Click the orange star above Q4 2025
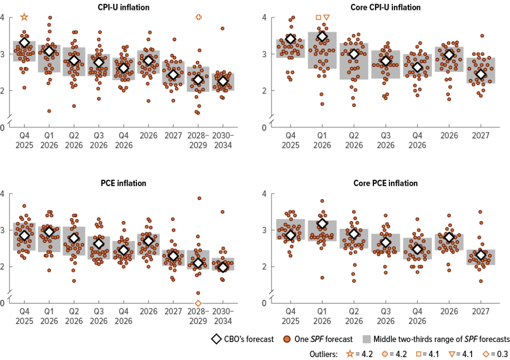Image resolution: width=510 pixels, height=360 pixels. tap(24, 17)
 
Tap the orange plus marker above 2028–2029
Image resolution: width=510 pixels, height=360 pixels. tap(199, 17)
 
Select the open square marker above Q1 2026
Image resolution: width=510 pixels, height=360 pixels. tap(318, 17)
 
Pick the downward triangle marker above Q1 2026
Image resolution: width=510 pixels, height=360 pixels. tap(327, 17)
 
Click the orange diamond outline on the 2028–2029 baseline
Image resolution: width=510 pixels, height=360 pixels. tap(198, 303)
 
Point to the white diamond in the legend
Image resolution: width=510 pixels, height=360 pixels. tap(216, 339)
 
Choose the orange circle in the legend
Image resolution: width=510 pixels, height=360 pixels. tap(287, 339)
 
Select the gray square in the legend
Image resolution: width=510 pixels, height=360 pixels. tap(367, 339)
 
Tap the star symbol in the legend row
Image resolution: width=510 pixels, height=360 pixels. tap(350, 354)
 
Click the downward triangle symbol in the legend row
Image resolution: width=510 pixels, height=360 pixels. tap(452, 354)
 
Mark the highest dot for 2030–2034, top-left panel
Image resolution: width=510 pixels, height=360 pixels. tap(223, 28)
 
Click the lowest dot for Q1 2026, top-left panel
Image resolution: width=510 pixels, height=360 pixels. tap(49, 111)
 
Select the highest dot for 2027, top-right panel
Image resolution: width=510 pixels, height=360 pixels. tap(482, 36)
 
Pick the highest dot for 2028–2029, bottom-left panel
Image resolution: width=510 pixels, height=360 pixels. tap(199, 198)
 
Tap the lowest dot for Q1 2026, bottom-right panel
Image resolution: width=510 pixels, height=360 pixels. tap(322, 278)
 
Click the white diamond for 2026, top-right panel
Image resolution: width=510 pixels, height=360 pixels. tap(449, 55)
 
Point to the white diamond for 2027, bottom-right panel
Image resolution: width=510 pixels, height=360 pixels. tap(481, 255)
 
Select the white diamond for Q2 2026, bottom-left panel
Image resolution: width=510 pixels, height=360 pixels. tap(74, 239)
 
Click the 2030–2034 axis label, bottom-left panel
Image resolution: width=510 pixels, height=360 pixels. tap(223, 316)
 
